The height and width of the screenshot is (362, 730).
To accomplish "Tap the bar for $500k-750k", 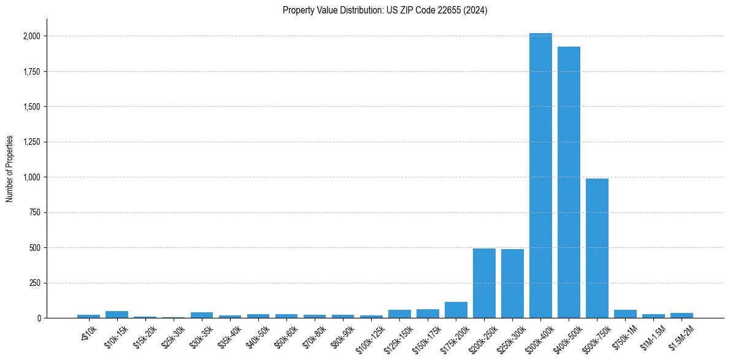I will point(597,248).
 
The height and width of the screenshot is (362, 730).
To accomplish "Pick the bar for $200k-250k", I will point(484,283).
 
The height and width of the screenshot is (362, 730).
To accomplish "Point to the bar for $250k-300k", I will point(512,283).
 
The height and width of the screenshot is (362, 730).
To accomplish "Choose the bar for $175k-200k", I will point(456,310).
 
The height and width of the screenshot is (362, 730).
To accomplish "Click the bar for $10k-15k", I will point(117,315).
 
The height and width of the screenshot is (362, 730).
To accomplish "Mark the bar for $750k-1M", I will point(625,314).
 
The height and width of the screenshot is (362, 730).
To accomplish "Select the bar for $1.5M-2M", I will point(682,315).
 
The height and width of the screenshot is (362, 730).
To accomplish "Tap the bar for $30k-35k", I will point(202,315).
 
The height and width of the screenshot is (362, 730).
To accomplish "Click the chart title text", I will point(385,10).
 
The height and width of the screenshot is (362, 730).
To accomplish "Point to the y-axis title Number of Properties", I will point(10,169).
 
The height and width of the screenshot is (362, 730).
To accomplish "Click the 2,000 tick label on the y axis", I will point(31,36).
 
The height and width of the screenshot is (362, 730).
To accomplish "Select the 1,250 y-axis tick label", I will point(31,142).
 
